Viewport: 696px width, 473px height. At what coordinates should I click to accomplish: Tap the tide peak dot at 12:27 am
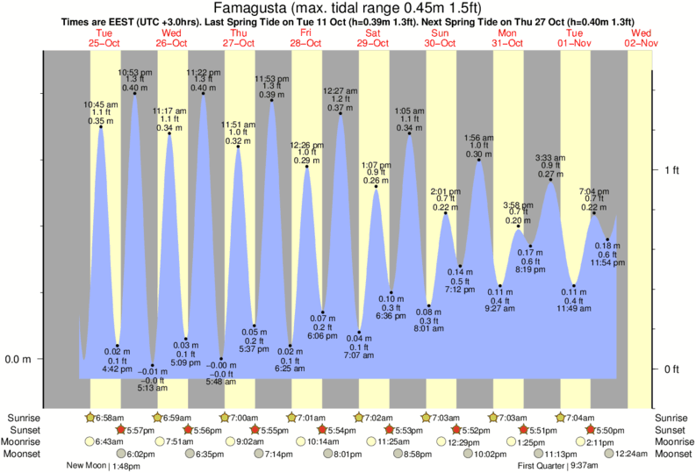click(x=341, y=113)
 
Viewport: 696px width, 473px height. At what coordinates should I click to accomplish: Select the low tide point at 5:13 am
click(x=152, y=365)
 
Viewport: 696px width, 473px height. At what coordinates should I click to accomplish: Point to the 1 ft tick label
click(x=671, y=169)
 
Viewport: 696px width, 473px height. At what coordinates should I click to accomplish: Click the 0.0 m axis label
click(x=19, y=359)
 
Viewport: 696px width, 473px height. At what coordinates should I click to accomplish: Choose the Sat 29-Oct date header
click(x=374, y=38)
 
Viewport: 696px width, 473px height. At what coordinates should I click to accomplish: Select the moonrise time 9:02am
click(x=246, y=441)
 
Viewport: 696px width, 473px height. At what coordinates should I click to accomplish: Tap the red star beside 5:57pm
click(x=120, y=429)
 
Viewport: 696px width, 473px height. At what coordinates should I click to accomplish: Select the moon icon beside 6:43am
click(x=91, y=441)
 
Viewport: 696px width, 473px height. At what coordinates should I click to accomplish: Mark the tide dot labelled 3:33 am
click(x=550, y=180)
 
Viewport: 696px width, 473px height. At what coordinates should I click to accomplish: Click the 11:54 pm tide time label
click(x=606, y=263)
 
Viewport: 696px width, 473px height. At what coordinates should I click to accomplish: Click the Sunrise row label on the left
click(x=23, y=417)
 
